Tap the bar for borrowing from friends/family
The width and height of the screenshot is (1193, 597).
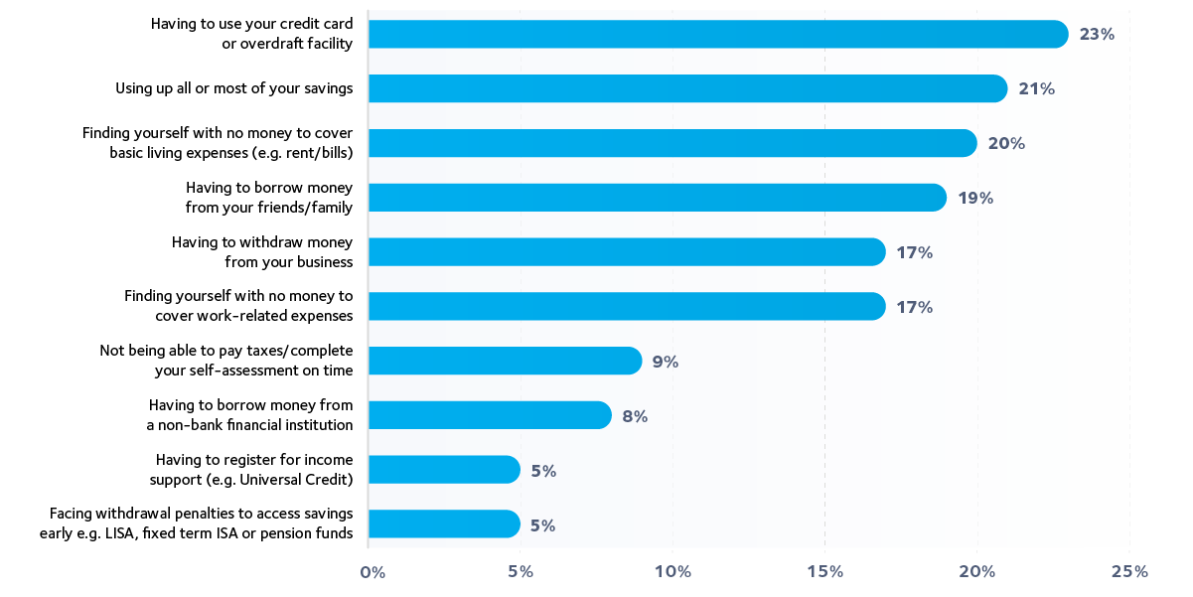pyautogui.click(x=657, y=198)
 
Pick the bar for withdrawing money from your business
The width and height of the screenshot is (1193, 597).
pyautogui.click(x=626, y=252)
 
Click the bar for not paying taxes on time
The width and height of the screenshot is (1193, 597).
pyautogui.click(x=505, y=362)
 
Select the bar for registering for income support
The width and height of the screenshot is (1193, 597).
pyautogui.click(x=444, y=470)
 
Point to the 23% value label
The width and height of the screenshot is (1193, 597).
pyautogui.click(x=1097, y=35)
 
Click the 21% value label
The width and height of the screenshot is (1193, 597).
pyautogui.click(x=1036, y=89)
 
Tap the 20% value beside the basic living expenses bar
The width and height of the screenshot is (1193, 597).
pyautogui.click(x=1005, y=144)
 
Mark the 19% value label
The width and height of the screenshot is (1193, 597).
pyautogui.click(x=975, y=198)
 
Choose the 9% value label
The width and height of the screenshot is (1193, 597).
pyautogui.click(x=665, y=362)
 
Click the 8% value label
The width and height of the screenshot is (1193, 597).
pyautogui.click(x=635, y=416)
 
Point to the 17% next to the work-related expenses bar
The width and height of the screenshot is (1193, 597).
pyautogui.click(x=914, y=307)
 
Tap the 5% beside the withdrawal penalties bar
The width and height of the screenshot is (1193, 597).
pyautogui.click(x=542, y=525)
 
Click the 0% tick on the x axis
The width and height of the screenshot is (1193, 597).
pyautogui.click(x=373, y=572)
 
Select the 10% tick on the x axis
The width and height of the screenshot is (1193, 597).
pyautogui.click(x=672, y=572)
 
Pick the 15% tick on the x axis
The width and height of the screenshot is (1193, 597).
pyautogui.click(x=825, y=572)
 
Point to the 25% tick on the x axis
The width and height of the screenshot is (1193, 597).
pyautogui.click(x=1129, y=572)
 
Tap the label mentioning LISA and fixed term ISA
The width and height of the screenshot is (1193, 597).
pyautogui.click(x=202, y=523)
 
